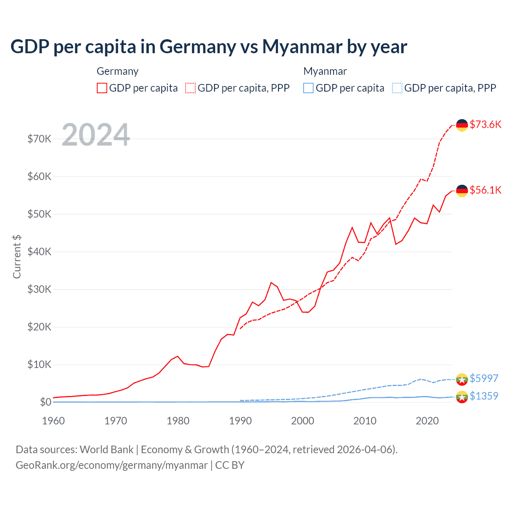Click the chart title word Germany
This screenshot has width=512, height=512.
click(198, 47)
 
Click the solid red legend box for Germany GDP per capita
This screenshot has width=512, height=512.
click(102, 88)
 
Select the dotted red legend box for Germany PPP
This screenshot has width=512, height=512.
click(190, 88)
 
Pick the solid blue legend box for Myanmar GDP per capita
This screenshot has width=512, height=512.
click(308, 88)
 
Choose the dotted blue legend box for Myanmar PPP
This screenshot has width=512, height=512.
click(397, 88)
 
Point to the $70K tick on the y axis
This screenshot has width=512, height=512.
click(39, 139)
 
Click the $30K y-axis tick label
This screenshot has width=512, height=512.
click(39, 289)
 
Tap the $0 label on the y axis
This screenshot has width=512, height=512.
click(46, 402)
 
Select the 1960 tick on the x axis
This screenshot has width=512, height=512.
click(53, 421)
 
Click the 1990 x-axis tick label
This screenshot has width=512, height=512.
click(240, 421)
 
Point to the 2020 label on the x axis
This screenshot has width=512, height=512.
click(427, 421)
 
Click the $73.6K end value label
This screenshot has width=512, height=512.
click(485, 124)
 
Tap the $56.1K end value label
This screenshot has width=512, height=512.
click(485, 190)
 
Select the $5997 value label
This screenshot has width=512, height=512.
click(484, 378)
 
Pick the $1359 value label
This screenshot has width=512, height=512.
click(484, 396)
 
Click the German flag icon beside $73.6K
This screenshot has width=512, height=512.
click(462, 125)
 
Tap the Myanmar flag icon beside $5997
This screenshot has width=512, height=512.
click(462, 379)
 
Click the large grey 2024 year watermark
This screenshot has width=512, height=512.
click(96, 135)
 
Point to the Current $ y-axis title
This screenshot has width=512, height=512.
click(17, 256)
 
